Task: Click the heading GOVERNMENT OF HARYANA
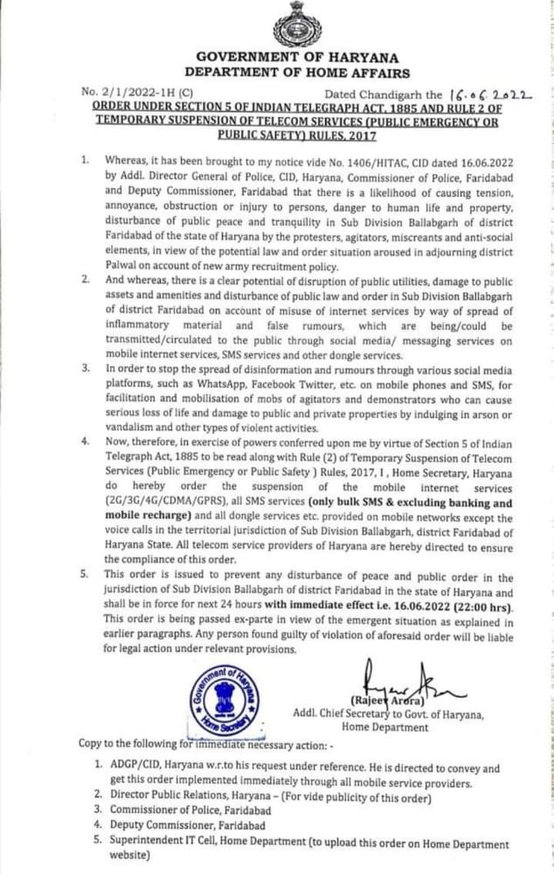coord(297,58)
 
